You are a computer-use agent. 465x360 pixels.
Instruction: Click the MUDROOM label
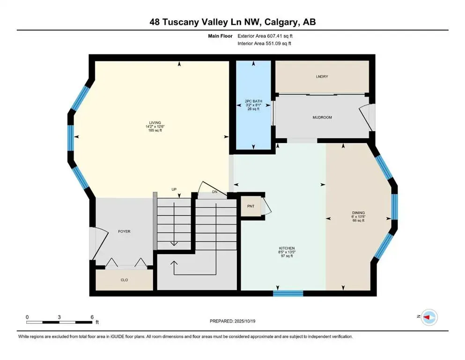[322, 117]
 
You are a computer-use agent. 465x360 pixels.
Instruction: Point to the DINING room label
[359, 212]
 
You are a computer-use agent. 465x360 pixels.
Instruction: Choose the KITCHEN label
[287, 248]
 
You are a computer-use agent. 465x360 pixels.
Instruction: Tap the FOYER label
[124, 232]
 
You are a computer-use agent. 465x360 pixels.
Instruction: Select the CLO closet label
[124, 280]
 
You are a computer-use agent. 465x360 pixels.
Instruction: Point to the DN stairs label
[215, 191]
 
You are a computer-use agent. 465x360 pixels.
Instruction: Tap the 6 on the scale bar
[92, 317]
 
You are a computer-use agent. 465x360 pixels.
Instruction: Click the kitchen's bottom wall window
[288, 293]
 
